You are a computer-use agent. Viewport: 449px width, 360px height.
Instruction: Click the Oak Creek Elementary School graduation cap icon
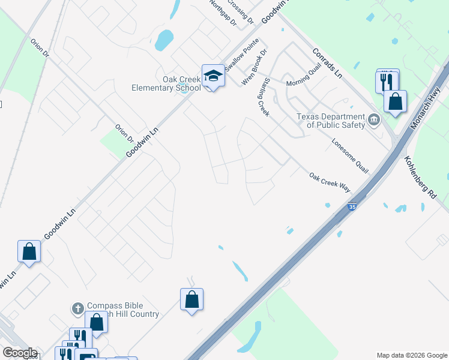pos(213,76)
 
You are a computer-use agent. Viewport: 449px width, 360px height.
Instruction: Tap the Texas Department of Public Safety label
pos(331,121)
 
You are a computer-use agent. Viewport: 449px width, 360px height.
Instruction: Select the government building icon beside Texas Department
pos(374,120)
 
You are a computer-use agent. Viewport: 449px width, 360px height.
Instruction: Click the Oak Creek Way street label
pos(330,182)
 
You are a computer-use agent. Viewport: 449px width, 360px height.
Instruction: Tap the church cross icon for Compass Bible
pos(77,308)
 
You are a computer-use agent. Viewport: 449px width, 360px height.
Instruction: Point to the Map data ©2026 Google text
pos(411,355)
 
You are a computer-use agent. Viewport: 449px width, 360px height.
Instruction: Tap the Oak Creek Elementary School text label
pos(166,83)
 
